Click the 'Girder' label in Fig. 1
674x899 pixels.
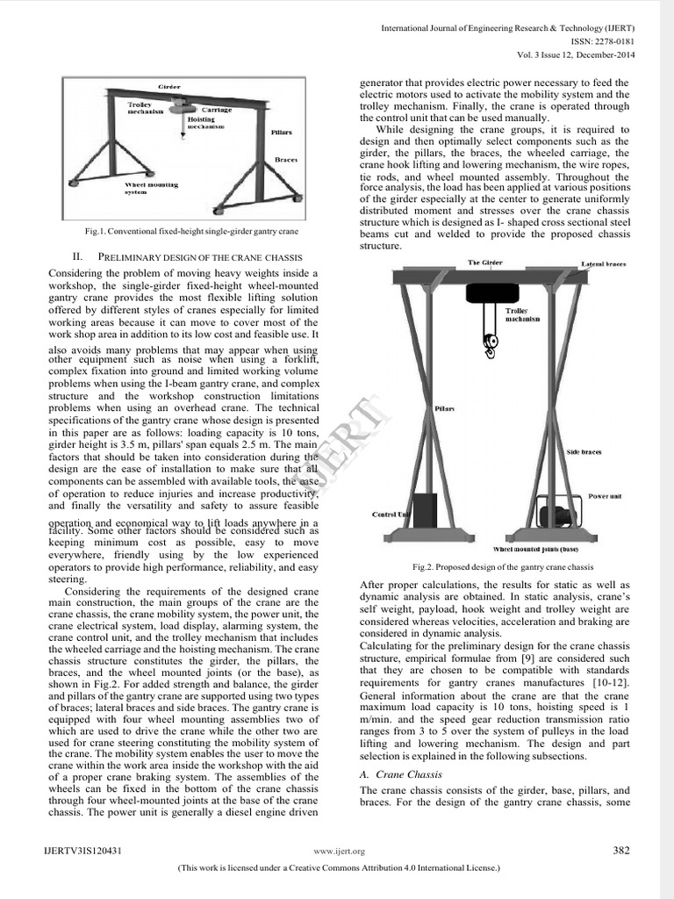tap(168, 89)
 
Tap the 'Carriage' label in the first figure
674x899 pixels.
tap(218, 111)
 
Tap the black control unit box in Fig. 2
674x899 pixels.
tap(426, 512)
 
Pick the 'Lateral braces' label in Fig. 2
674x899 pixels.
tap(603, 263)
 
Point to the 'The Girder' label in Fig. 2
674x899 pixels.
tap(485, 263)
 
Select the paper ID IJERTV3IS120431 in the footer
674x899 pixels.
tap(82, 851)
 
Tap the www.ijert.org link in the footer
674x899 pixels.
tap(344, 852)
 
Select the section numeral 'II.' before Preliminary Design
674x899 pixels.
tap(77, 256)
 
